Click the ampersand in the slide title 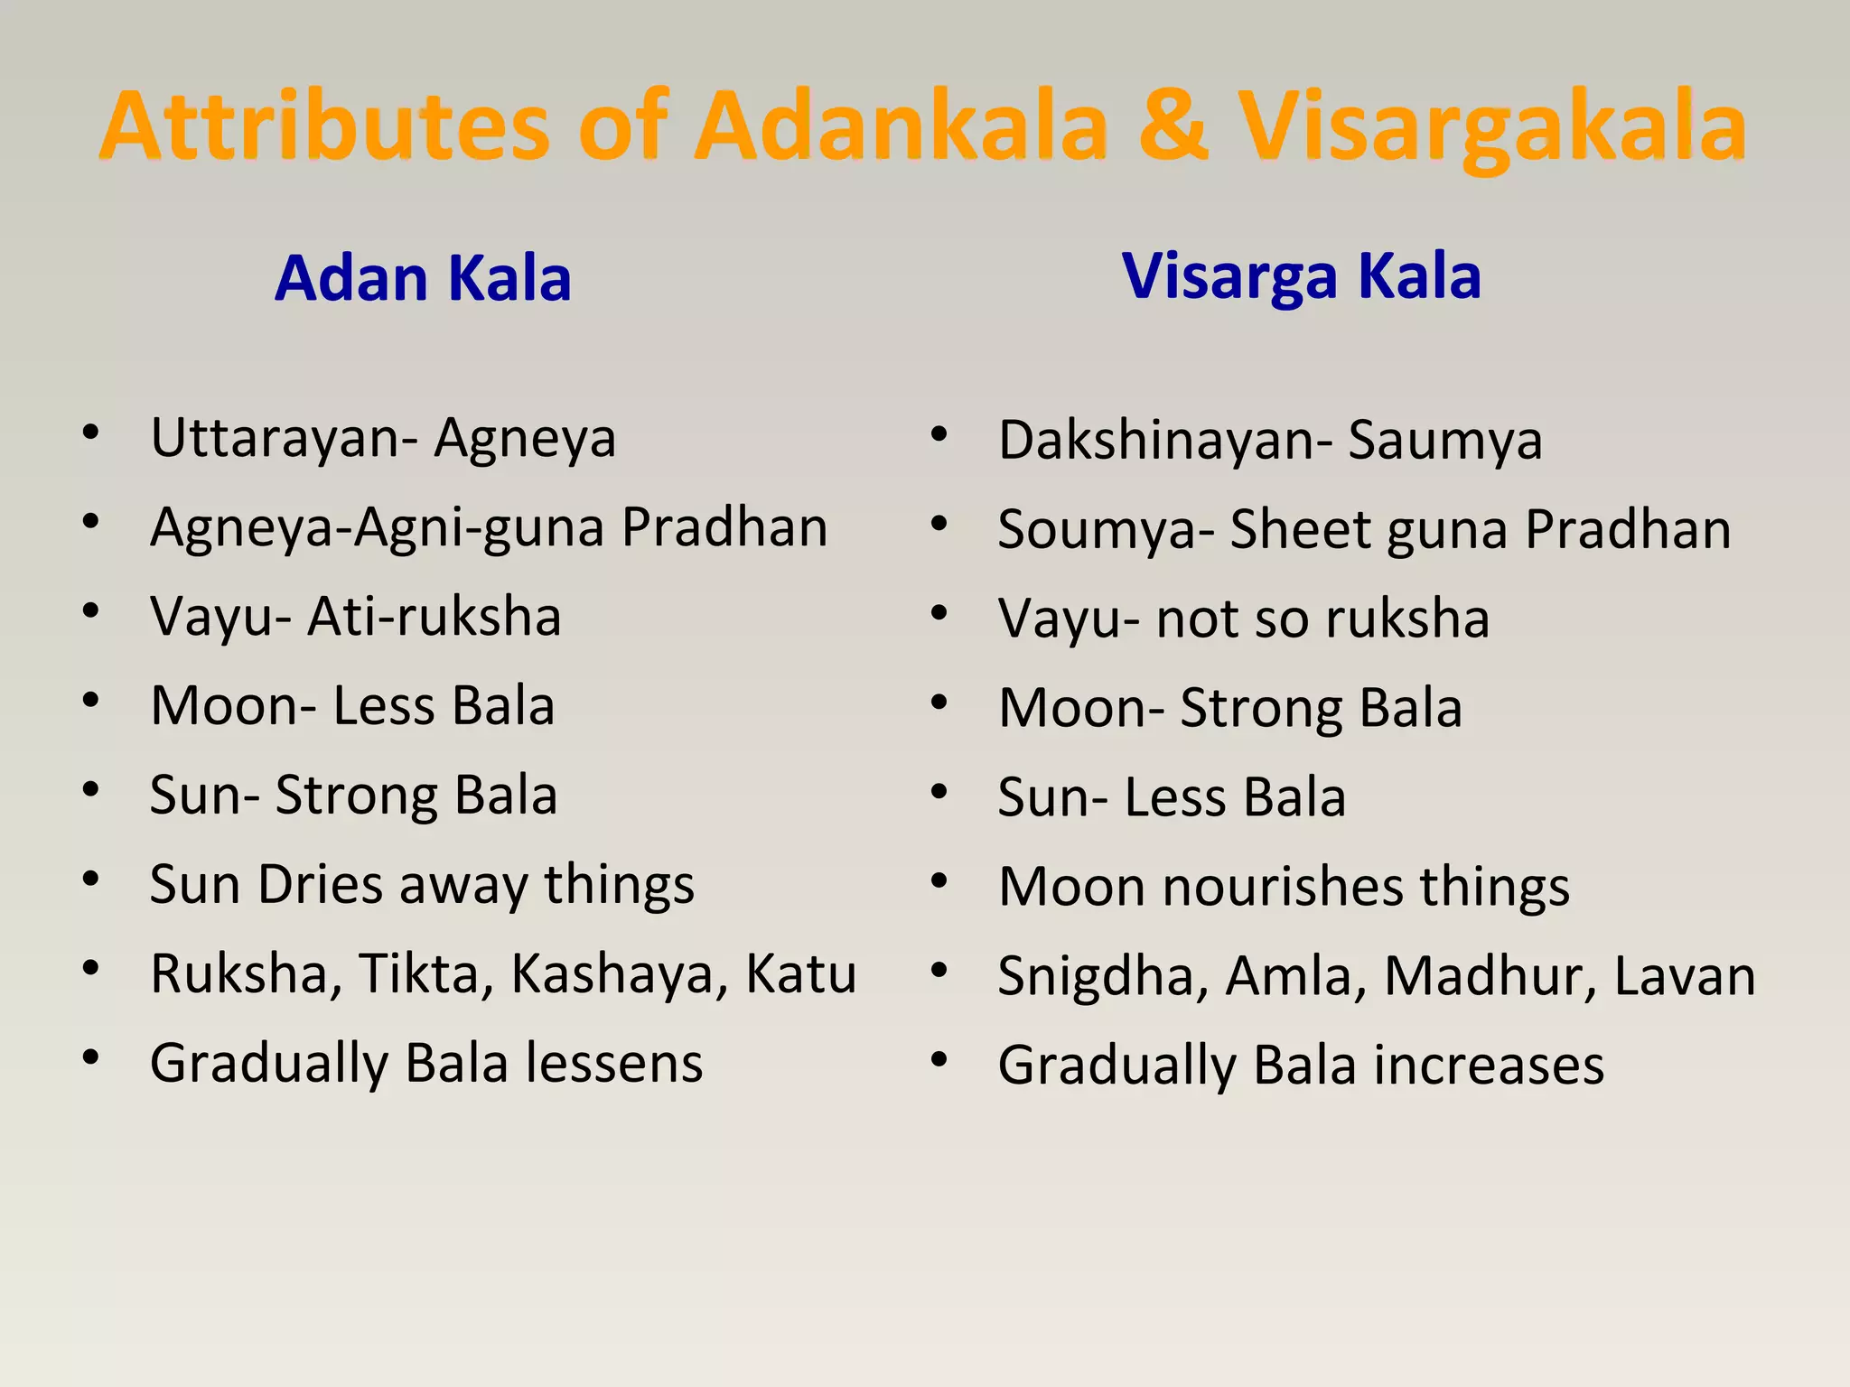1173,126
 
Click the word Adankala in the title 901,126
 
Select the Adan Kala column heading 423,277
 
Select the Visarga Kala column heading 1301,275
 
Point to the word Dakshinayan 1156,441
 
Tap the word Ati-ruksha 434,618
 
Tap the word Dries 320,884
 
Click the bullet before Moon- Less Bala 90,701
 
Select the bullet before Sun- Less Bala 939,792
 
